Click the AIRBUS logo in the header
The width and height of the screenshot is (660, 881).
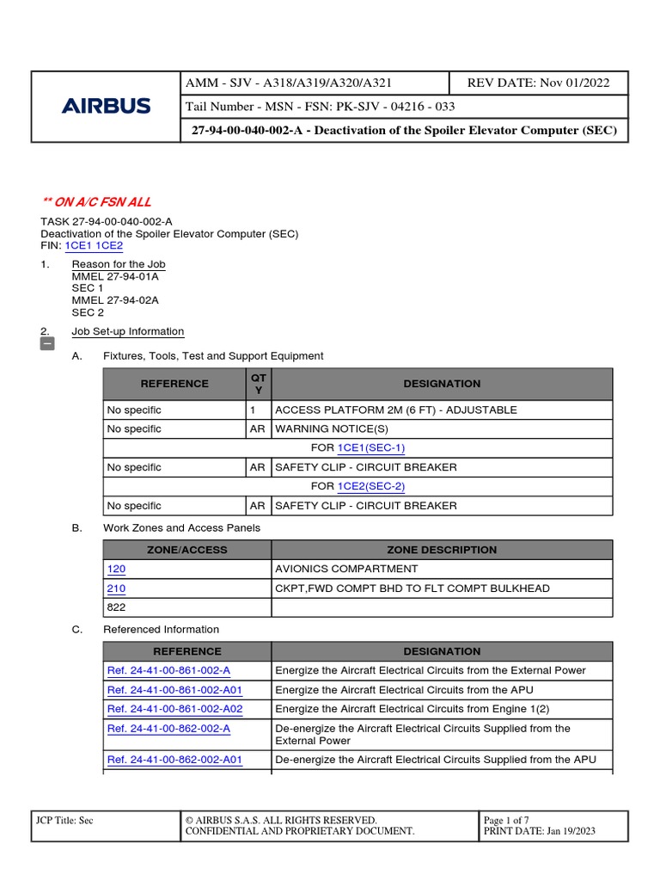tap(106, 107)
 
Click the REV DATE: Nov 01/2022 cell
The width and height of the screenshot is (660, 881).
tap(538, 83)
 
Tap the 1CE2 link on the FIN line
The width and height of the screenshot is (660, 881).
tap(110, 245)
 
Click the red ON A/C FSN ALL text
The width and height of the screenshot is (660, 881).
tap(96, 202)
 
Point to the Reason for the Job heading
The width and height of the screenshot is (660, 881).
tap(119, 264)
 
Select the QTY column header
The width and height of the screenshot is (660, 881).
tap(258, 384)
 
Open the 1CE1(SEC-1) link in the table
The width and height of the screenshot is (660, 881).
tap(371, 448)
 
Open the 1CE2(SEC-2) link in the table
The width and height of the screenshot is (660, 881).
tap(371, 486)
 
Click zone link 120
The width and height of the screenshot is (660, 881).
tap(116, 569)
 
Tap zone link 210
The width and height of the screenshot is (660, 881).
tap(116, 588)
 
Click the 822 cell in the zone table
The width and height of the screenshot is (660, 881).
tap(116, 607)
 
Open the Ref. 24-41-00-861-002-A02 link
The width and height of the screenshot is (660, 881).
tap(174, 709)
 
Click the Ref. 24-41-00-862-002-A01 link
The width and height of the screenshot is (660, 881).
tap(174, 760)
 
